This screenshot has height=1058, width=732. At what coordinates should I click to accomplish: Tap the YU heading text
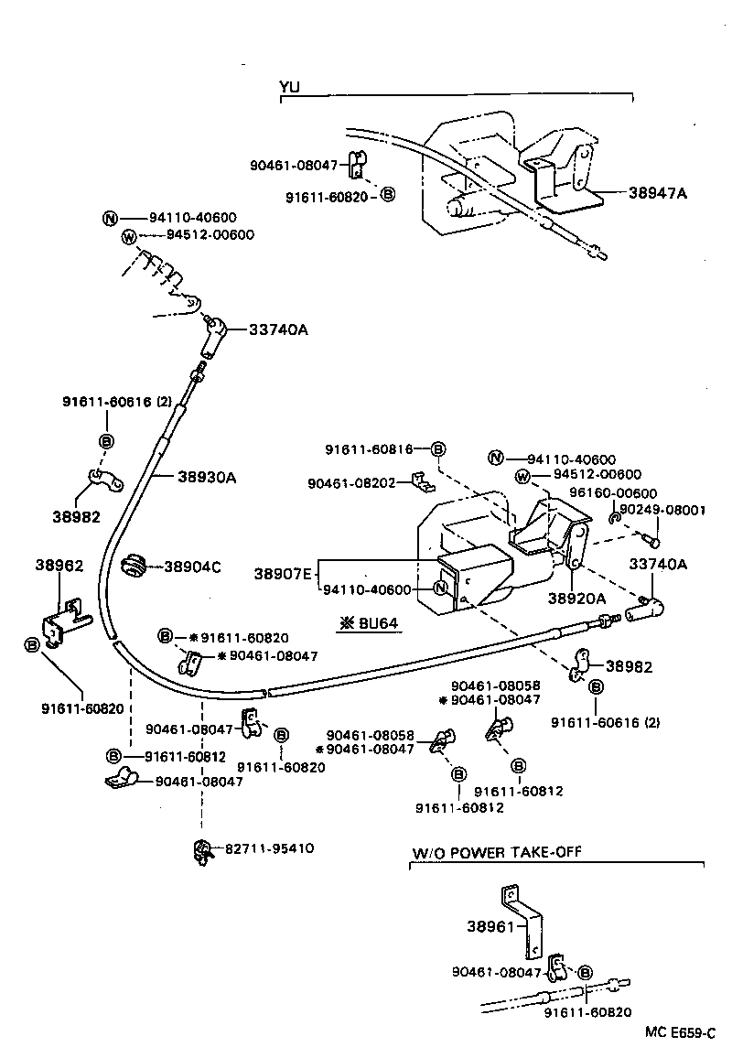pos(290,88)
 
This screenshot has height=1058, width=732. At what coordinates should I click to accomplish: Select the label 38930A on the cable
pos(207,477)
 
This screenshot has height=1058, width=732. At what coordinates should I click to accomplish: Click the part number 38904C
pos(192,567)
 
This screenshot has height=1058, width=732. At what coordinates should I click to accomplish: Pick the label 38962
pos(59,566)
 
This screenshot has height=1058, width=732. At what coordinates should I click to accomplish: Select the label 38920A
pos(576,598)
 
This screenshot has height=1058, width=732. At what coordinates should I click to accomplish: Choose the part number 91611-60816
pos(370,449)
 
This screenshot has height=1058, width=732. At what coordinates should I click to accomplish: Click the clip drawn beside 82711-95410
pos(201,851)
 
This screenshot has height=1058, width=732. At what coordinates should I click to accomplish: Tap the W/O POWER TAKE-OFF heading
pos(496,852)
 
